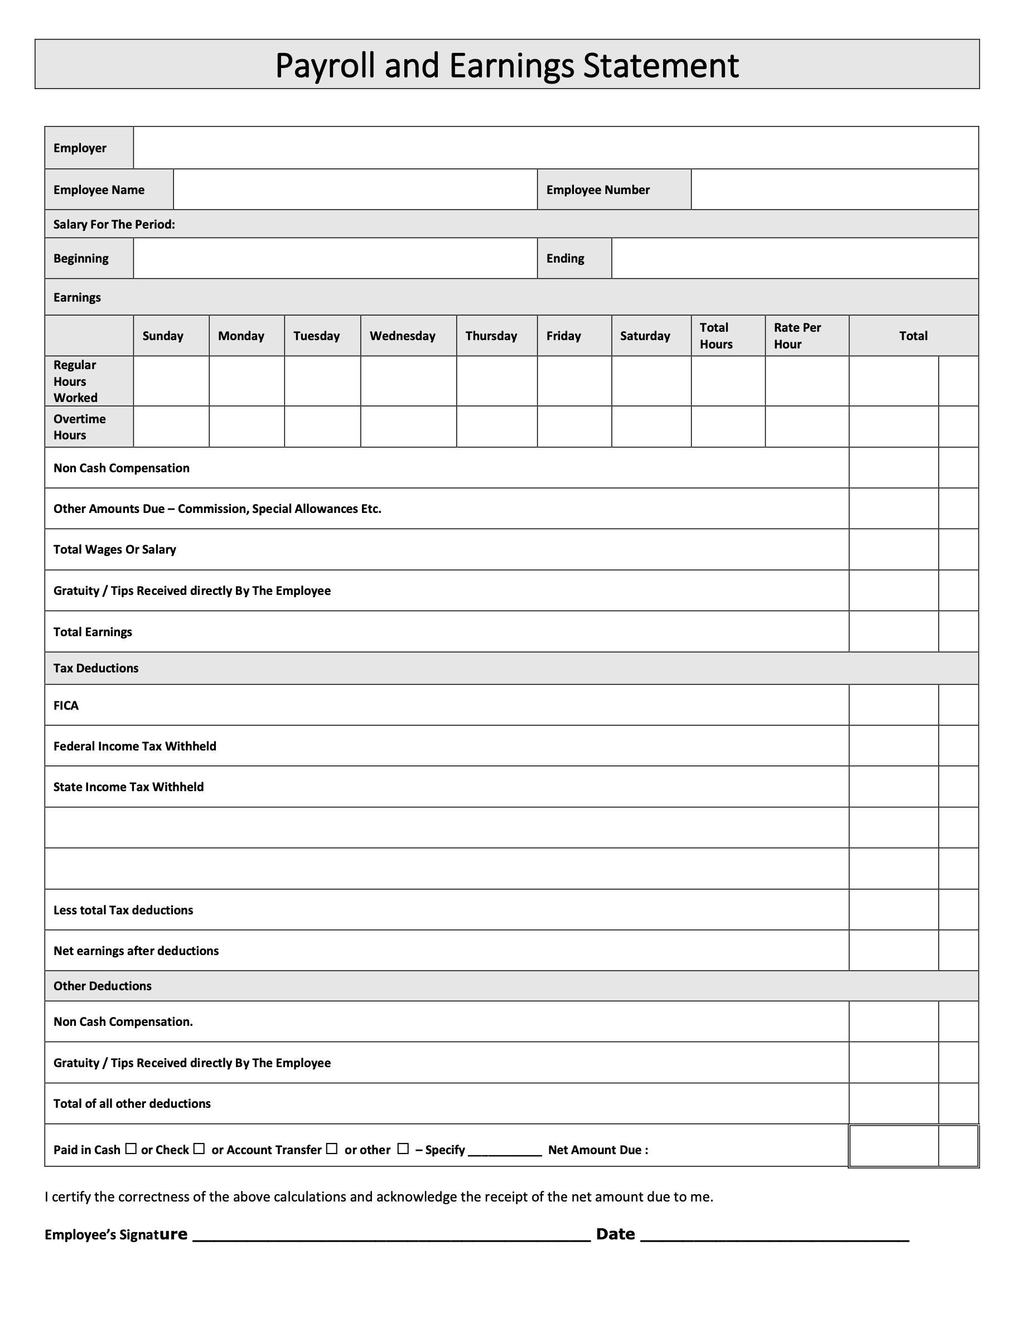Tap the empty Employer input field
(555, 148)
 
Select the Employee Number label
(598, 190)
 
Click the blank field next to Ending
(794, 258)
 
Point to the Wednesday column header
(402, 336)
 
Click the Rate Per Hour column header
(797, 336)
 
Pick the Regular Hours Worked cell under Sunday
(171, 381)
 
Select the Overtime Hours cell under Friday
(574, 427)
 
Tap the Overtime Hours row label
(79, 427)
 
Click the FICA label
(66, 705)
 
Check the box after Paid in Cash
(131, 1149)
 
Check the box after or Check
(199, 1149)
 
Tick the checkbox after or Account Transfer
(331, 1149)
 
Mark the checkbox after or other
(403, 1149)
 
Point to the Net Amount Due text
(598, 1150)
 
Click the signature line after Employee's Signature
(390, 1237)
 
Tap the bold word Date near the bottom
(615, 1234)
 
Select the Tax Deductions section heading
(96, 668)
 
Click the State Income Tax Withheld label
(129, 787)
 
